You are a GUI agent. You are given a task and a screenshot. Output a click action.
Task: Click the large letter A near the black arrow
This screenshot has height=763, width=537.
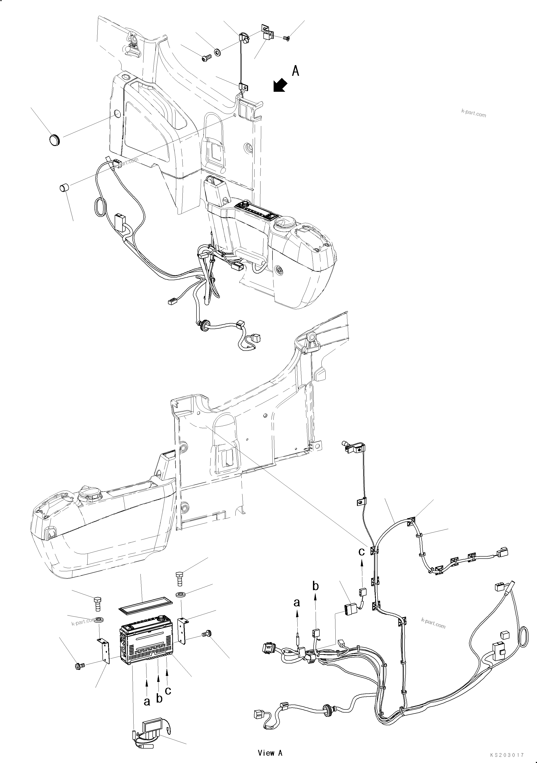[295, 71]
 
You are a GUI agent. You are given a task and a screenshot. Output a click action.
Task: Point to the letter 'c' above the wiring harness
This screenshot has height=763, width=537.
[361, 552]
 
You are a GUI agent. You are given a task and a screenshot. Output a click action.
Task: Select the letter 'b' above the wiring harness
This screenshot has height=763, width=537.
[315, 586]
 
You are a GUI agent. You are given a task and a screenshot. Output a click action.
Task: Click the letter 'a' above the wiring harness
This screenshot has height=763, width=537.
[297, 602]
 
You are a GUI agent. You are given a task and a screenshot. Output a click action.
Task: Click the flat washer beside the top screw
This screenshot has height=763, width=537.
[218, 52]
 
